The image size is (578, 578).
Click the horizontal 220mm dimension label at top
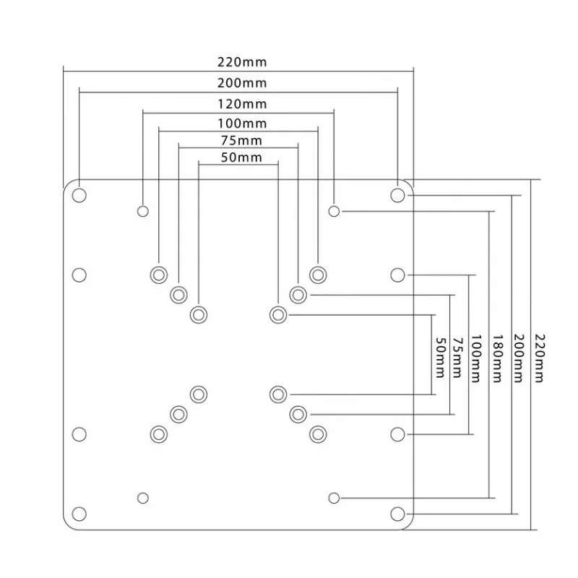238,64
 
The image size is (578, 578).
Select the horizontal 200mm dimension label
238,84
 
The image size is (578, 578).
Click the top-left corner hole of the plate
79,195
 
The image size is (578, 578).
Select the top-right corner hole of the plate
397,195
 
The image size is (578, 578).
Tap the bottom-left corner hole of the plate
79,513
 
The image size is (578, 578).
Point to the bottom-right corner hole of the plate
397,513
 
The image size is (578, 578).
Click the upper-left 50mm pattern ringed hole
198,314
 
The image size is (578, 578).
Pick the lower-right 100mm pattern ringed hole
317,433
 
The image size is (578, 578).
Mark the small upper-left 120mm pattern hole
143,211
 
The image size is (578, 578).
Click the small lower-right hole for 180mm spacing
334,498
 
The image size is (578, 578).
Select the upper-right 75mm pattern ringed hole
298,294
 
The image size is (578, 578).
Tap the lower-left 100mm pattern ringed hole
158,433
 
